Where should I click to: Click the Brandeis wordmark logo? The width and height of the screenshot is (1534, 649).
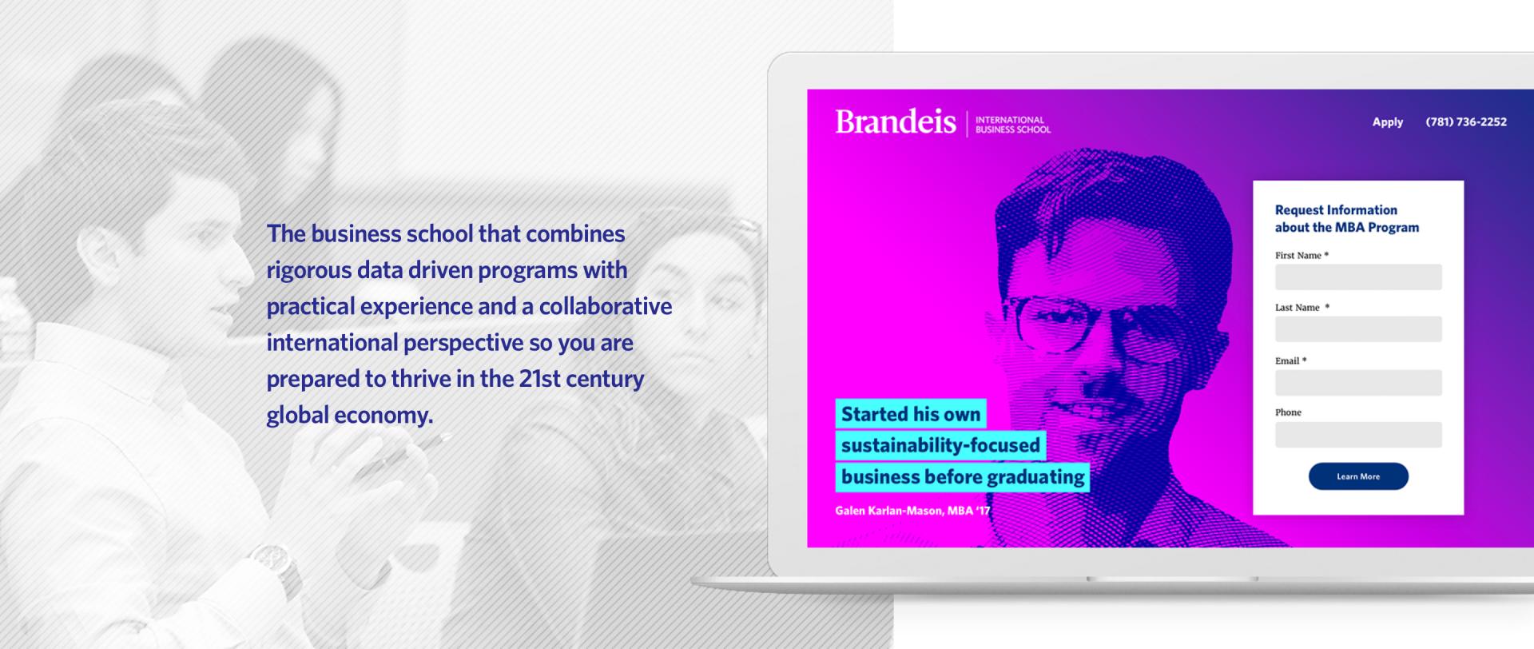tap(896, 122)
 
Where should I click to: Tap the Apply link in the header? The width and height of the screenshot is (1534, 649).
tap(1388, 122)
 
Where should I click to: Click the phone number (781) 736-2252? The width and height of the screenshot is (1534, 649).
tap(1466, 122)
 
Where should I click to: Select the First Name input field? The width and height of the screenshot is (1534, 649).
tap(1358, 277)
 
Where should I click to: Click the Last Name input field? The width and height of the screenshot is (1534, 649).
tap(1358, 329)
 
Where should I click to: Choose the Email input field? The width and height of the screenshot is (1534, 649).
tap(1358, 383)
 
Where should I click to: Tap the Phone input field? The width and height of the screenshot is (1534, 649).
tap(1358, 435)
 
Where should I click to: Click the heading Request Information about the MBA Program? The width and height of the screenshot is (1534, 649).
tap(1347, 219)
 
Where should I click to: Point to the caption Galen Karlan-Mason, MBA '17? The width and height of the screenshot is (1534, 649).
tap(912, 511)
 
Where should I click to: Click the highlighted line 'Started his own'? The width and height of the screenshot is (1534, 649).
tap(911, 414)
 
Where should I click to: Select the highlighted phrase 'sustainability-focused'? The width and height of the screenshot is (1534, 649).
tap(941, 445)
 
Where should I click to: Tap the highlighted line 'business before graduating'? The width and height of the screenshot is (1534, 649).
tap(963, 477)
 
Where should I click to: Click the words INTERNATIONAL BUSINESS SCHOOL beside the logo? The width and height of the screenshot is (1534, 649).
tap(1013, 125)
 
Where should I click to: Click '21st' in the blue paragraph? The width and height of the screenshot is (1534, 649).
tap(540, 378)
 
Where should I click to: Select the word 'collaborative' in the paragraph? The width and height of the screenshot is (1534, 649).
tap(606, 306)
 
